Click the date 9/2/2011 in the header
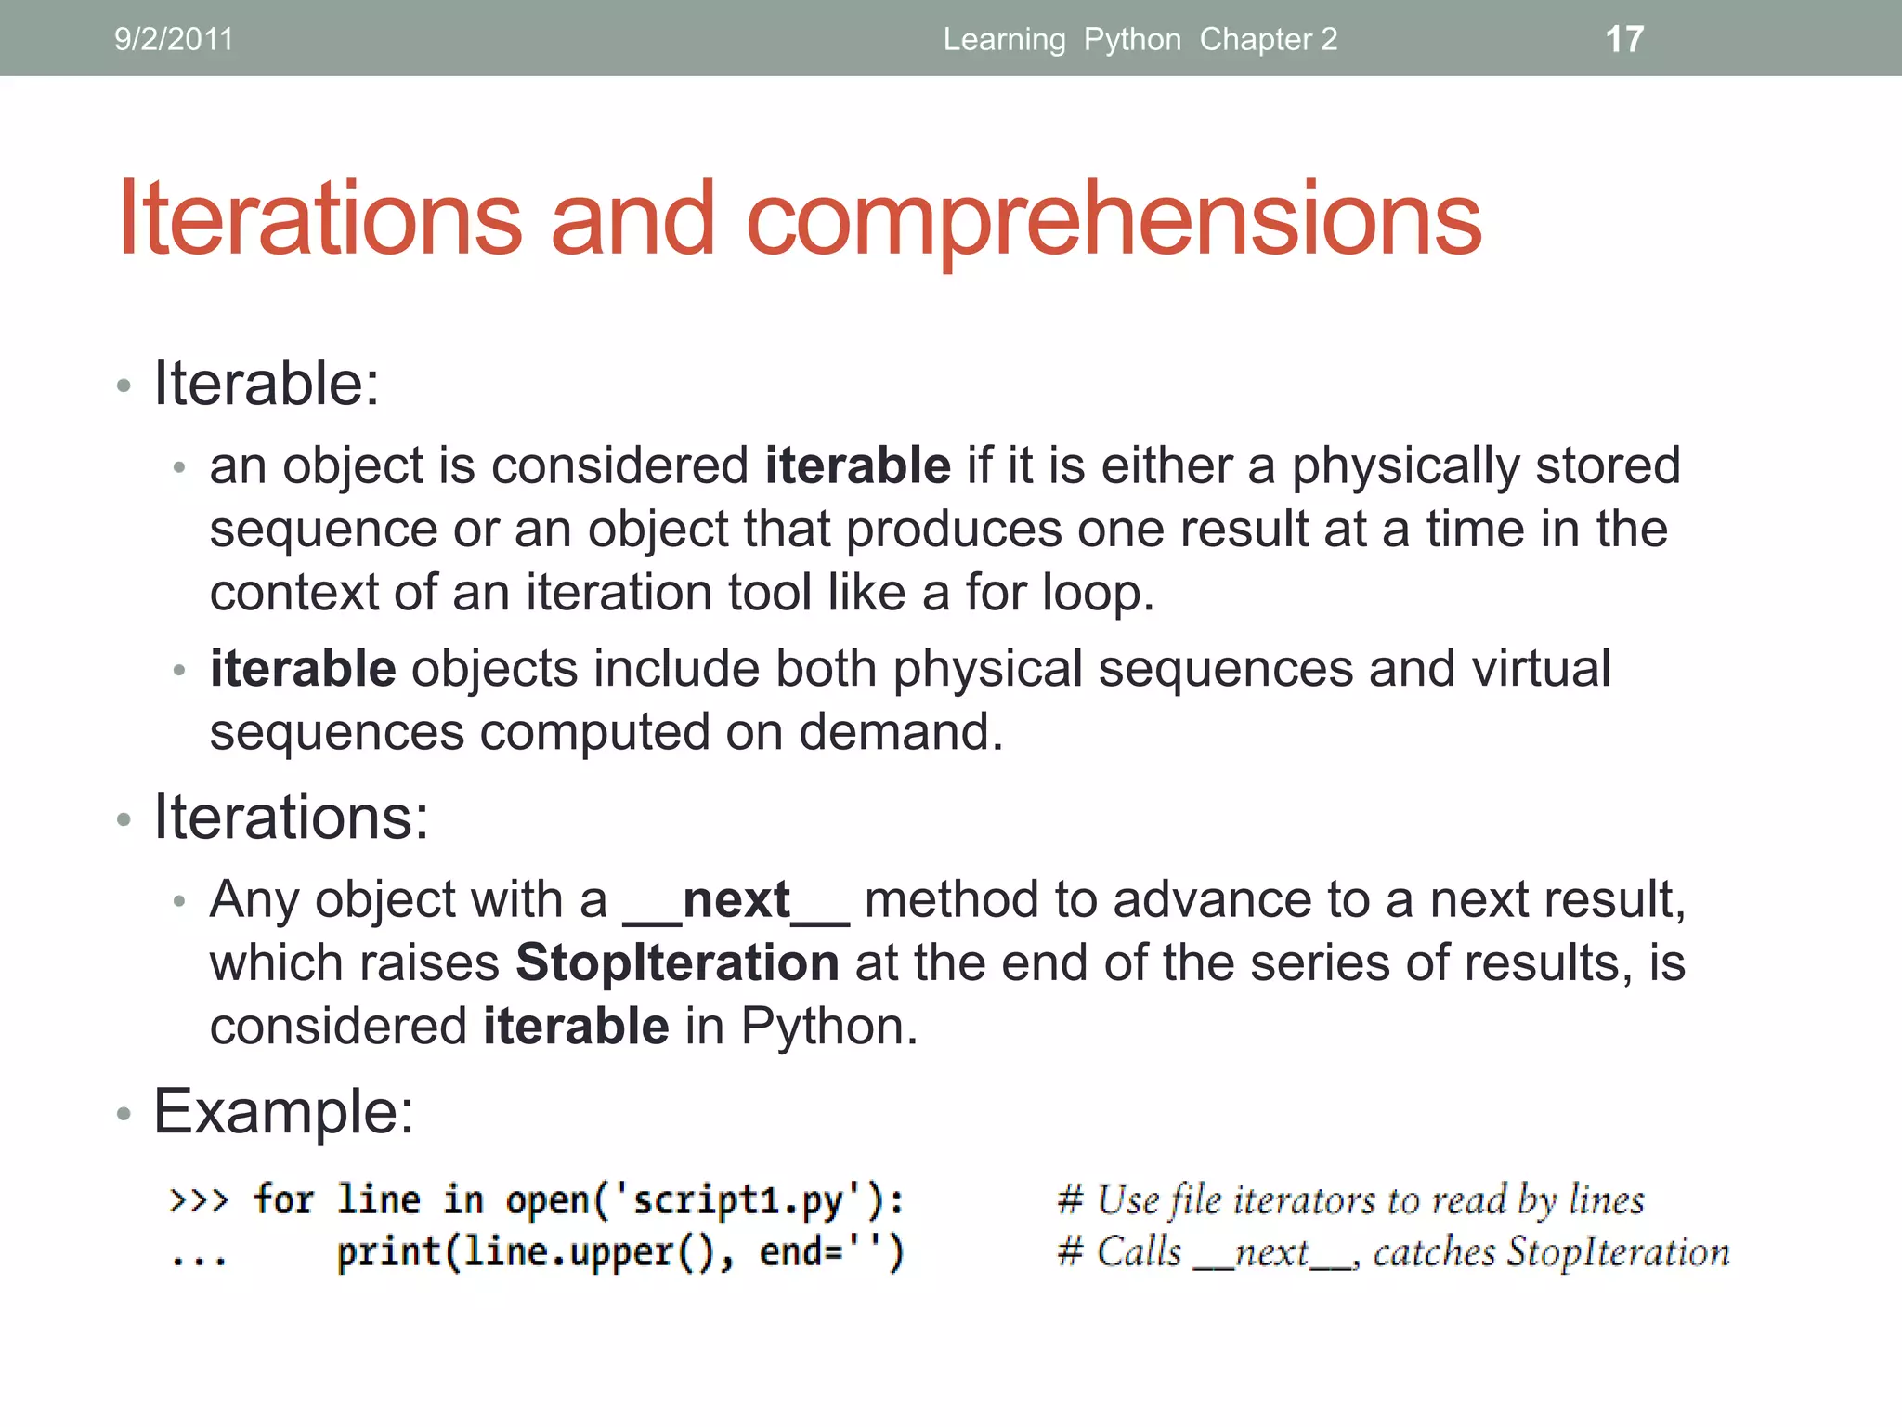point(174,39)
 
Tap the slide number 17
point(1624,39)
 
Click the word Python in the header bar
point(1132,39)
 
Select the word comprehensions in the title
point(1113,219)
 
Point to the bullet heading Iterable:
point(267,384)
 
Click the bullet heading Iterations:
point(291,818)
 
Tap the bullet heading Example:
point(283,1111)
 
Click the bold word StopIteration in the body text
point(677,962)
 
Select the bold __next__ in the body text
point(736,900)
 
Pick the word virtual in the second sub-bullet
point(1541,669)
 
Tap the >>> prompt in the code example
point(199,1200)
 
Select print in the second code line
point(388,1252)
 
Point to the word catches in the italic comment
point(1433,1252)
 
